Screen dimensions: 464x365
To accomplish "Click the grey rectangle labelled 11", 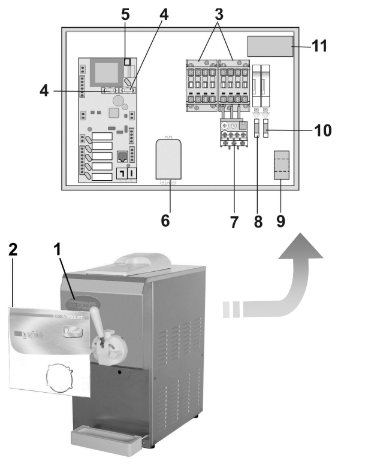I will point(270,46).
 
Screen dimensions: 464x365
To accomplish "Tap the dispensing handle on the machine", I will point(107,347).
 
